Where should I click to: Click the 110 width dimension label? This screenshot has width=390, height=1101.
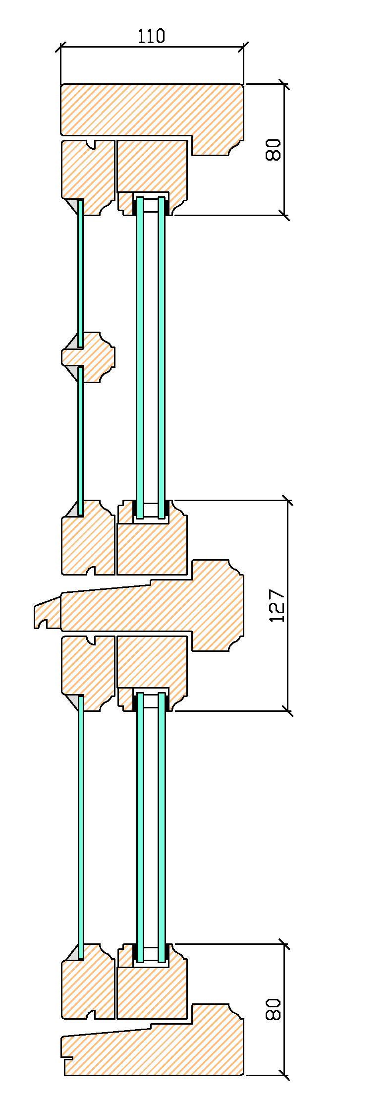click(151, 36)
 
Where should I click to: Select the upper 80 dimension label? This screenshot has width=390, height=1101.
click(273, 150)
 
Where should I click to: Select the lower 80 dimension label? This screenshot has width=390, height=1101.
click(273, 1009)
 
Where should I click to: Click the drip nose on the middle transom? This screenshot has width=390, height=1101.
click(47, 615)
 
